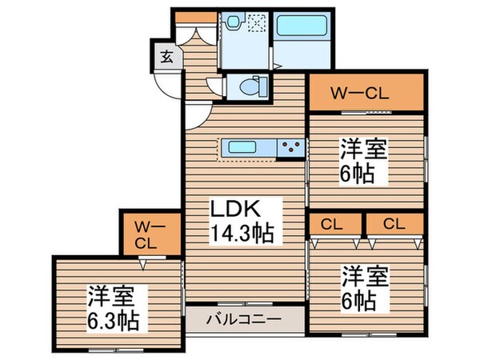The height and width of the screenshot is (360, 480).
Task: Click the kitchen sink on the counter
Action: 243,147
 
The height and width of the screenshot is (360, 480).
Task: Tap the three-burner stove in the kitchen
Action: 290,147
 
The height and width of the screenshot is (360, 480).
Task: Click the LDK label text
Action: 234,209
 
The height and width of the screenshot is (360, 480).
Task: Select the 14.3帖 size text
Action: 242,234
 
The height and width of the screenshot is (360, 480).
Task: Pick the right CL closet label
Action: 392,223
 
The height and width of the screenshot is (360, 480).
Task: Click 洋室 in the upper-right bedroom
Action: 366,150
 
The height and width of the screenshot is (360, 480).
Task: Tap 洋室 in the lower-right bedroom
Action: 366,277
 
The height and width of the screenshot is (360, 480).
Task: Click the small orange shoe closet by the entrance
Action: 190,17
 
